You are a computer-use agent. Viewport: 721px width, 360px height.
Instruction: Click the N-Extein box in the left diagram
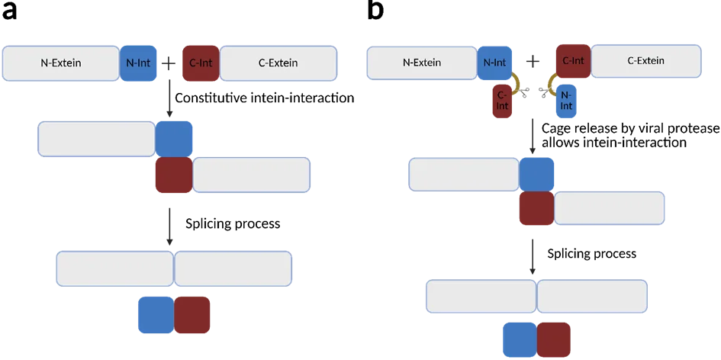point(61,63)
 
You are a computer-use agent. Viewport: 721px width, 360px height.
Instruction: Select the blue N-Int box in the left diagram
point(138,63)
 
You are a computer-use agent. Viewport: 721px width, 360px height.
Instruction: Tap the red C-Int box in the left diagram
point(200,63)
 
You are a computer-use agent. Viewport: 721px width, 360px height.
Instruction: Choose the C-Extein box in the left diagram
point(278,63)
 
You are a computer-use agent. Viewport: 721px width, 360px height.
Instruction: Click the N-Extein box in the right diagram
point(421,63)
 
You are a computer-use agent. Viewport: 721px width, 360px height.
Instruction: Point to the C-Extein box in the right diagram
point(645,61)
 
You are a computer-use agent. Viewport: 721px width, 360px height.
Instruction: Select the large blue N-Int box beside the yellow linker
point(495,63)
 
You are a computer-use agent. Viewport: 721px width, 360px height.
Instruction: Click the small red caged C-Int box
point(502,101)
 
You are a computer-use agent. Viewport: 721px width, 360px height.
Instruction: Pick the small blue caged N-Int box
point(565,101)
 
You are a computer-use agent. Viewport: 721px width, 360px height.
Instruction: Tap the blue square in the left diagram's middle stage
point(175,138)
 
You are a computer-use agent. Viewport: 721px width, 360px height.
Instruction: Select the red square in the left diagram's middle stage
point(173,175)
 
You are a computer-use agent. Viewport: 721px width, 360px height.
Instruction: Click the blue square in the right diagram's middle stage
point(537,174)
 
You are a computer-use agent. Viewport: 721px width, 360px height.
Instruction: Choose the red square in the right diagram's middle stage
point(536,208)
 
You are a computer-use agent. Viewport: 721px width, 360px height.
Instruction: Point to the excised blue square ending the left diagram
point(156,315)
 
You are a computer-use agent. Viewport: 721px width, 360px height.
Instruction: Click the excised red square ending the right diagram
point(554,340)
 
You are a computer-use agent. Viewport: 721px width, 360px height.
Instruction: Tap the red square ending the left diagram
point(192,315)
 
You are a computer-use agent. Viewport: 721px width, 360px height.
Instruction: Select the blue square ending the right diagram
point(519,340)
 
